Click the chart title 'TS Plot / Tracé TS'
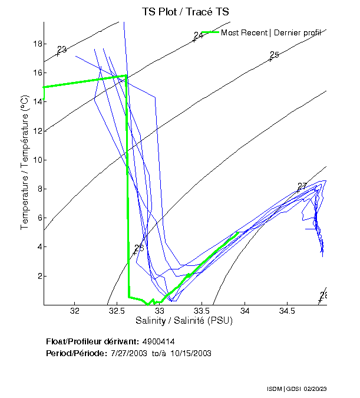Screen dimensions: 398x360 click(185, 11)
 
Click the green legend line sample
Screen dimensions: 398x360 click(210, 32)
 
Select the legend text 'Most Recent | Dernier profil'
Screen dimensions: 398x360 click(271, 32)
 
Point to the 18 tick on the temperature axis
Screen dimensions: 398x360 click(36, 44)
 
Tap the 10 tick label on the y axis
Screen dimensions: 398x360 click(36, 160)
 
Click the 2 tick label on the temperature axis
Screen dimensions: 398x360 click(38, 276)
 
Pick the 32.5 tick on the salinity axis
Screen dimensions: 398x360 click(117, 310)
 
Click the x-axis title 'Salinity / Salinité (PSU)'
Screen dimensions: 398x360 click(184, 321)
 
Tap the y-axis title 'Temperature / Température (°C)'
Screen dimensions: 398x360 click(25, 163)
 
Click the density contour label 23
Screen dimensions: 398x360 click(62, 50)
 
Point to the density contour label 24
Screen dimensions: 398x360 click(198, 36)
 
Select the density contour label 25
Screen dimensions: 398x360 click(274, 55)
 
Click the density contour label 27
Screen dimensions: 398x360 click(302, 186)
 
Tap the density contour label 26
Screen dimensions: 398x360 click(139, 248)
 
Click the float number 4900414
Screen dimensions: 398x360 click(158, 341)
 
